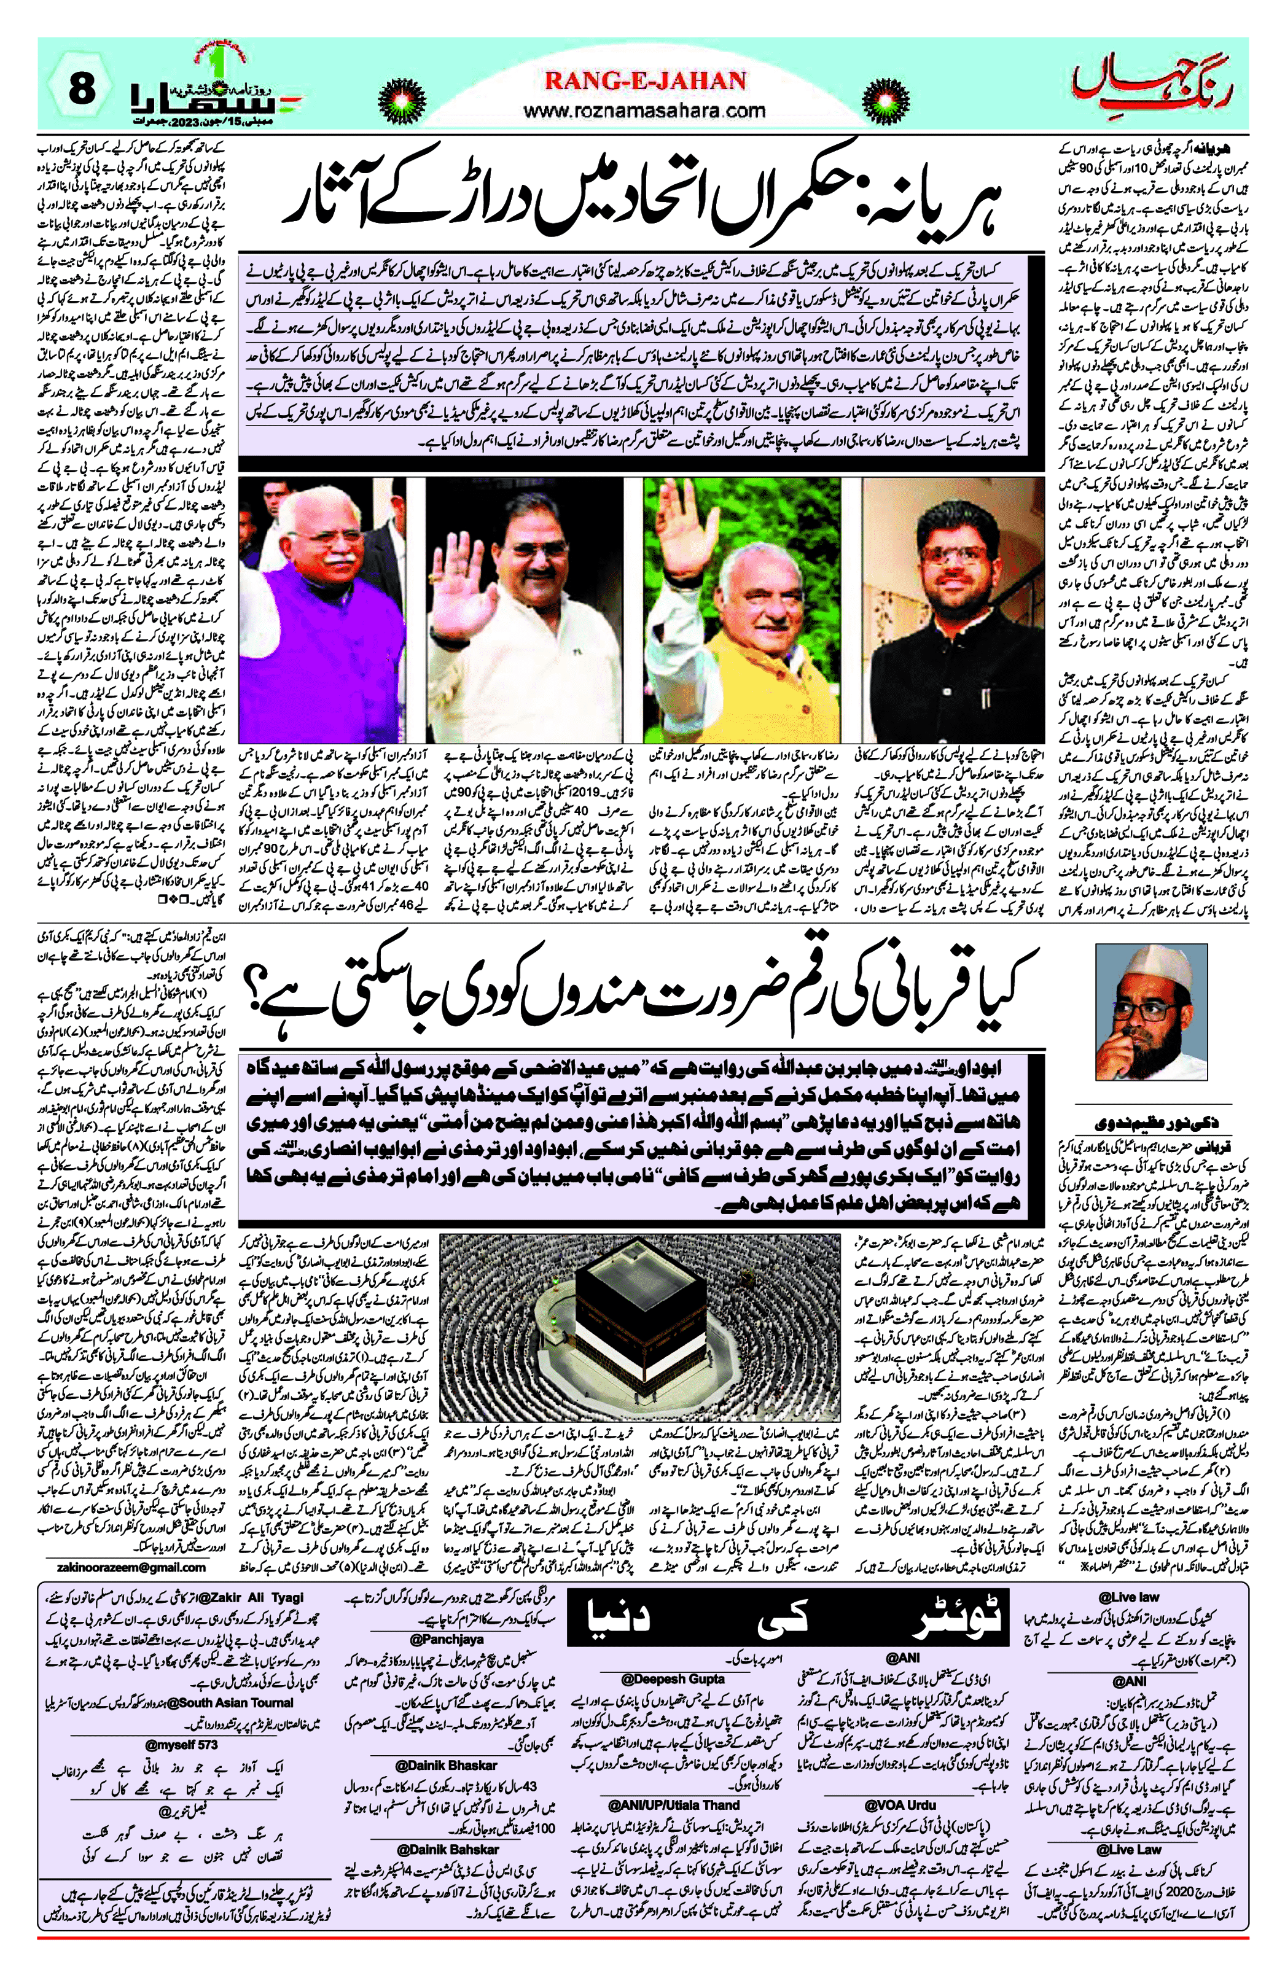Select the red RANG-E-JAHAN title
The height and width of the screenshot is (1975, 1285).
(x=645, y=80)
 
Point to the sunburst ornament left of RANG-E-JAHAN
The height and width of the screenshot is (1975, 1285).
(x=404, y=95)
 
